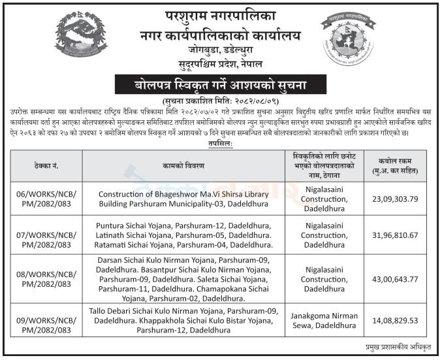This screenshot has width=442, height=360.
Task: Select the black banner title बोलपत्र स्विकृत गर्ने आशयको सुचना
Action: click(220, 84)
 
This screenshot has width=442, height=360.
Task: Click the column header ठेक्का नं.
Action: click(43, 165)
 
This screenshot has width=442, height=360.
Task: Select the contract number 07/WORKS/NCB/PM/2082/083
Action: click(43, 235)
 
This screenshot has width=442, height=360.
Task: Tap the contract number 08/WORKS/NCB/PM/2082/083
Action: click(43, 278)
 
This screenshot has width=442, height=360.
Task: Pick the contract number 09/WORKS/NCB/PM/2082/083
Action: click(43, 321)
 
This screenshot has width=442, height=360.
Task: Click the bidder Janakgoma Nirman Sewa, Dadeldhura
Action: click(324, 321)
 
